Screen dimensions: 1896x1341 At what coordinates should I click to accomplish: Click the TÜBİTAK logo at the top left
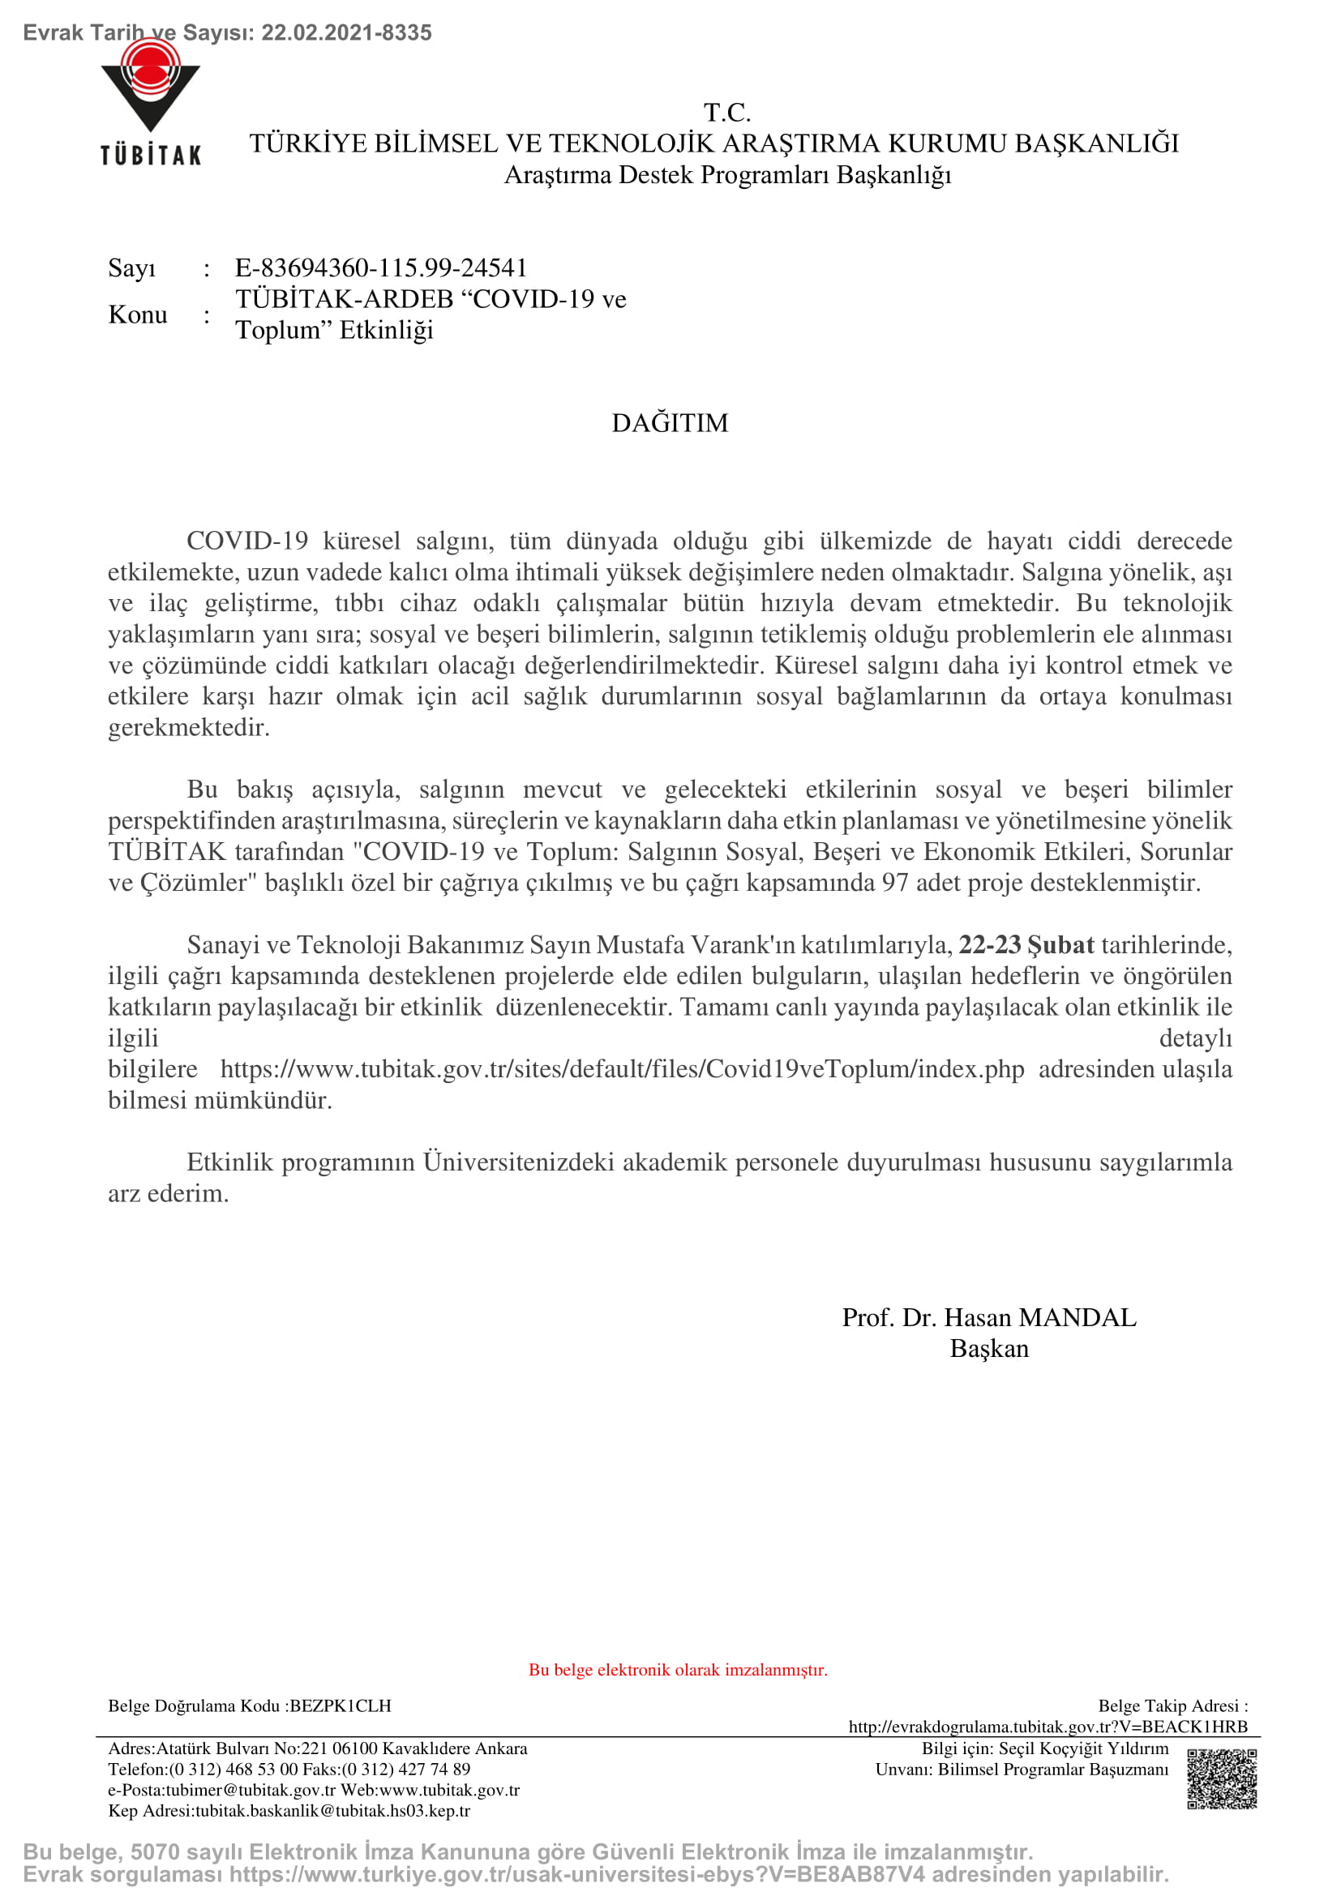coord(150,103)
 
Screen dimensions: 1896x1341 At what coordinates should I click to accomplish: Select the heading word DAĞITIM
coord(670,423)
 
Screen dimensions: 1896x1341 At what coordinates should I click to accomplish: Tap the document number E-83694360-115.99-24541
coord(381,267)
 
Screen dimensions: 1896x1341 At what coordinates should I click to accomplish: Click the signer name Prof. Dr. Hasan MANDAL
coord(988,1317)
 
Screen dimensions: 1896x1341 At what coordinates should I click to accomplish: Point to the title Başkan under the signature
coord(988,1349)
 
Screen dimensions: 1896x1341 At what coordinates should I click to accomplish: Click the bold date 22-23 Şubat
coord(1026,944)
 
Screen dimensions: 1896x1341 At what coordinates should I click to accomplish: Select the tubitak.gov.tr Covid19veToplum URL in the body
coord(622,1069)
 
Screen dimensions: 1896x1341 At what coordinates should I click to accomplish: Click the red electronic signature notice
coord(677,1670)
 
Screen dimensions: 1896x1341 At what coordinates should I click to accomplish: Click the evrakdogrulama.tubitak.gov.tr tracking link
coord(1047,1727)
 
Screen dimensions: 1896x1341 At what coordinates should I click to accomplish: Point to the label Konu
coord(137,315)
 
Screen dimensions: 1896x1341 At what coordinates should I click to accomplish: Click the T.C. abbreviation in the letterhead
coord(726,113)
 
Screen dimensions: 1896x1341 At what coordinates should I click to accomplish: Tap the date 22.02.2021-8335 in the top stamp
coord(346,33)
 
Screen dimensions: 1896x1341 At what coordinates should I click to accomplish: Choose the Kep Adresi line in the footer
coord(289,1811)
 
